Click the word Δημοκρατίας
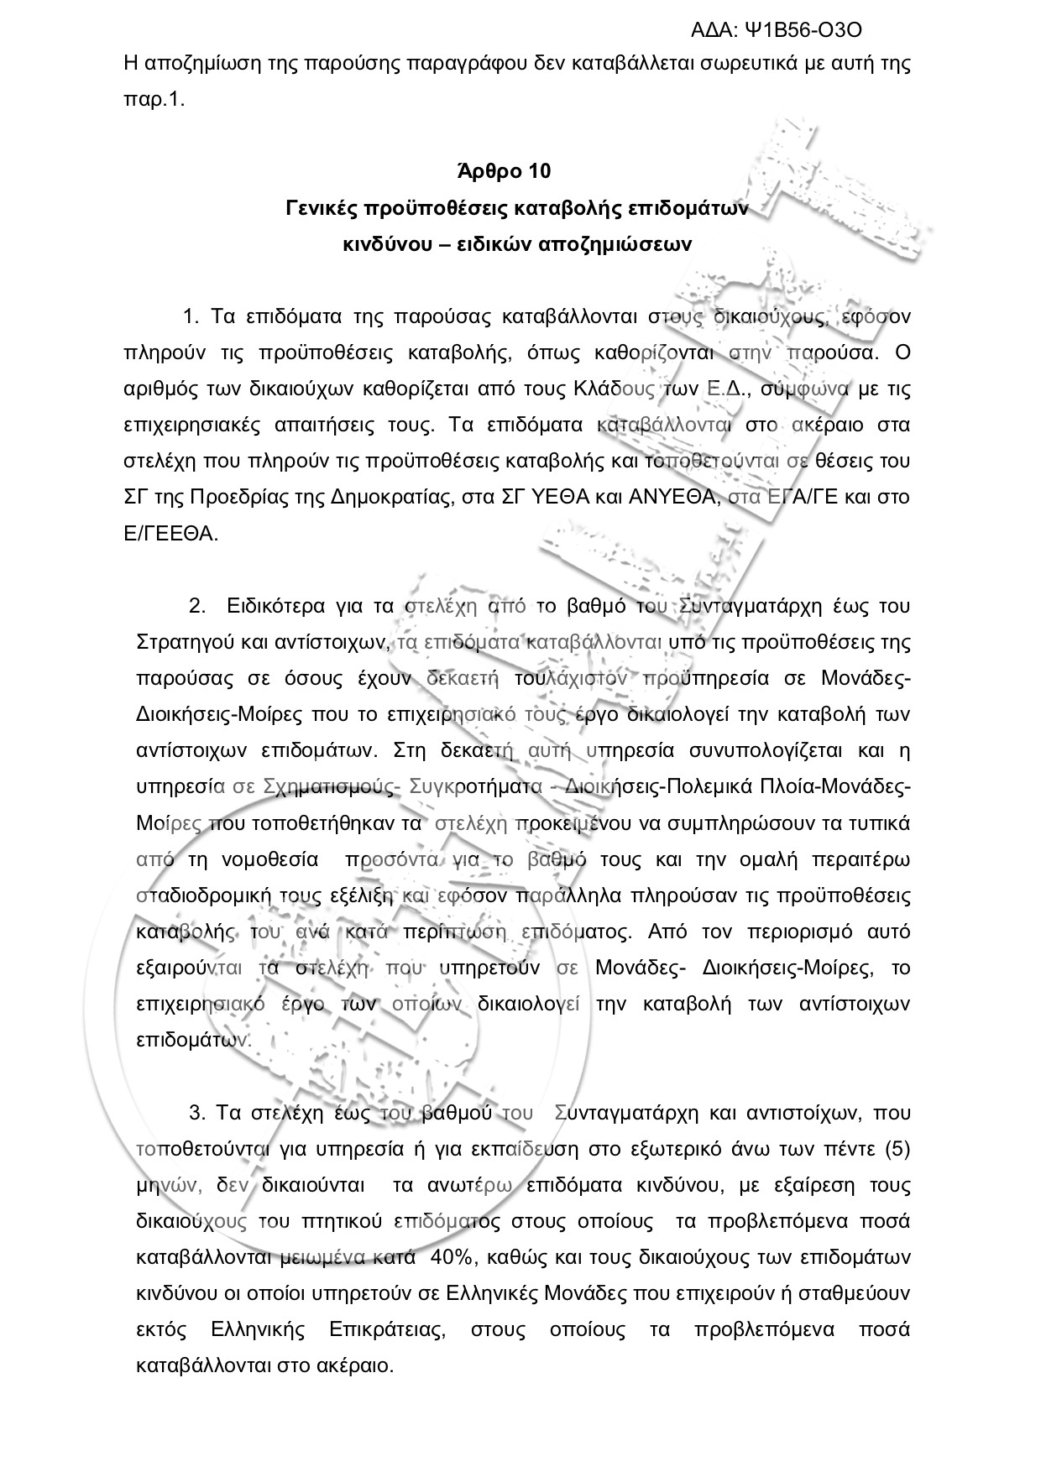[x=392, y=498]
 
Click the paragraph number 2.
[x=197, y=607]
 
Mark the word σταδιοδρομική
[x=200, y=895]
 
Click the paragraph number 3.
[x=197, y=1114]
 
